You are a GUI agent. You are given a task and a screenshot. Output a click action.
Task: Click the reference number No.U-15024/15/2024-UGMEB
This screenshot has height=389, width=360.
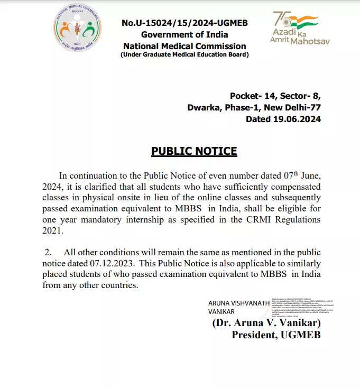click(184, 23)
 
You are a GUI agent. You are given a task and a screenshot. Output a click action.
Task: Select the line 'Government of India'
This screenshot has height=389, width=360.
click(184, 34)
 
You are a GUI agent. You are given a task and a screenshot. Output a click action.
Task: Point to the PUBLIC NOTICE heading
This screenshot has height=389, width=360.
click(194, 151)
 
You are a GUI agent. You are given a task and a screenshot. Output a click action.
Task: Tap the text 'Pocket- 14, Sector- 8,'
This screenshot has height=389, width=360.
click(275, 96)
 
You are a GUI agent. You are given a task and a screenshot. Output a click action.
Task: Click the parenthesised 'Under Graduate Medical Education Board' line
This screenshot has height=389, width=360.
click(184, 54)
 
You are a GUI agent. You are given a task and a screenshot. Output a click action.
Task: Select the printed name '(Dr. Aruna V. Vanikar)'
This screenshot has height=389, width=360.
click(266, 322)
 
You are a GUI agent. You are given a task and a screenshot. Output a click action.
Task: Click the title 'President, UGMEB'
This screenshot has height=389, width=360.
click(276, 335)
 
